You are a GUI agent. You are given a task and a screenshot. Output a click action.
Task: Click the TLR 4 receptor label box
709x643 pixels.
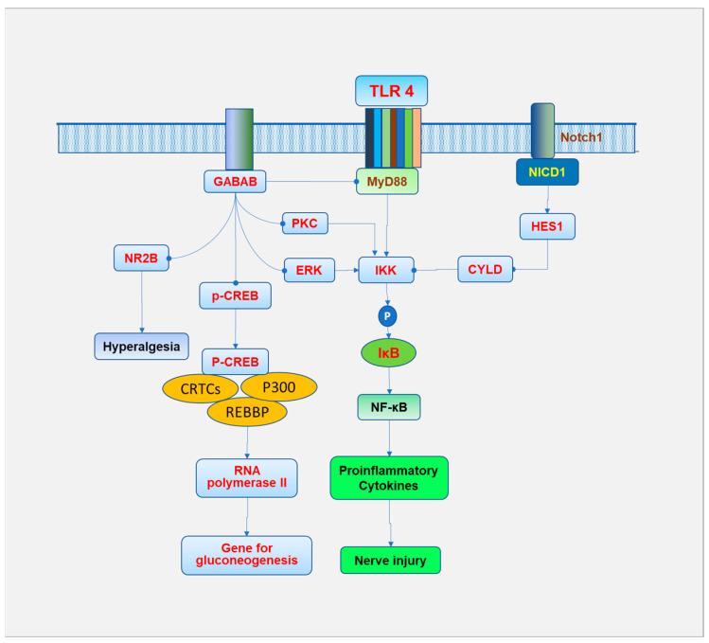(x=391, y=91)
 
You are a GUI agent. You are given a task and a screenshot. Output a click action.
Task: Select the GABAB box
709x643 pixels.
(x=234, y=181)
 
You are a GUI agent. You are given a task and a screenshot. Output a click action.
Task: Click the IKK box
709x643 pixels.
(x=386, y=271)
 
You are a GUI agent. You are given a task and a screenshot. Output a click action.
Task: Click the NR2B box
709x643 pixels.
(x=138, y=258)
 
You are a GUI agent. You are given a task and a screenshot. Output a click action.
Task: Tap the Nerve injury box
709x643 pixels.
(x=391, y=560)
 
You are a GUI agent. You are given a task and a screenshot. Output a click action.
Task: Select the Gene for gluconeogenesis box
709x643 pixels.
(x=246, y=555)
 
